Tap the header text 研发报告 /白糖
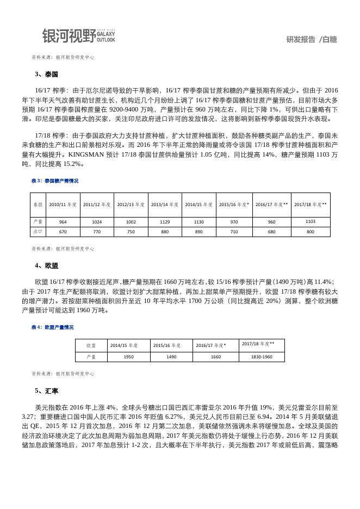[311, 39]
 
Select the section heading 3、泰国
[46, 75]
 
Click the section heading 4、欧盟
[46, 266]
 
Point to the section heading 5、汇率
[46, 391]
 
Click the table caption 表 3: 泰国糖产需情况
[55, 181]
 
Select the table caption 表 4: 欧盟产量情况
[53, 327]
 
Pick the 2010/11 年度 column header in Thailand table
[63, 205]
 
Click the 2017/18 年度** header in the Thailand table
[311, 205]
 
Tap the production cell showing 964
[63, 222]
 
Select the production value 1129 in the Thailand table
[165, 222]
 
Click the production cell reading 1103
[311, 221]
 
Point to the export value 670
[63, 232]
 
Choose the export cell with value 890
[199, 232]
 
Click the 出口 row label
[38, 232]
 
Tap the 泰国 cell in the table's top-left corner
[38, 205]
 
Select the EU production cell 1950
[129, 357]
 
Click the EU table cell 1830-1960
[262, 357]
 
